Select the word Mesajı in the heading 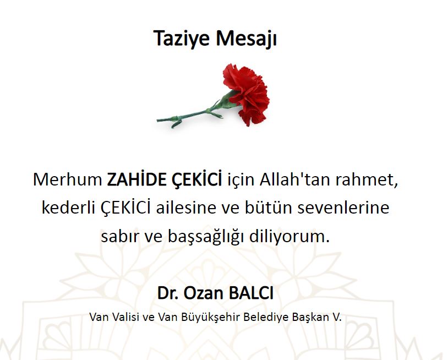click(246, 39)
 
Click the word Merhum click(68, 179)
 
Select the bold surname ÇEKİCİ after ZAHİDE click(196, 179)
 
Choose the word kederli click(68, 208)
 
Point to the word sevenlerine click(343, 208)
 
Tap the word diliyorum click(289, 237)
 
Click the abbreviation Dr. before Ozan click(168, 293)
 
